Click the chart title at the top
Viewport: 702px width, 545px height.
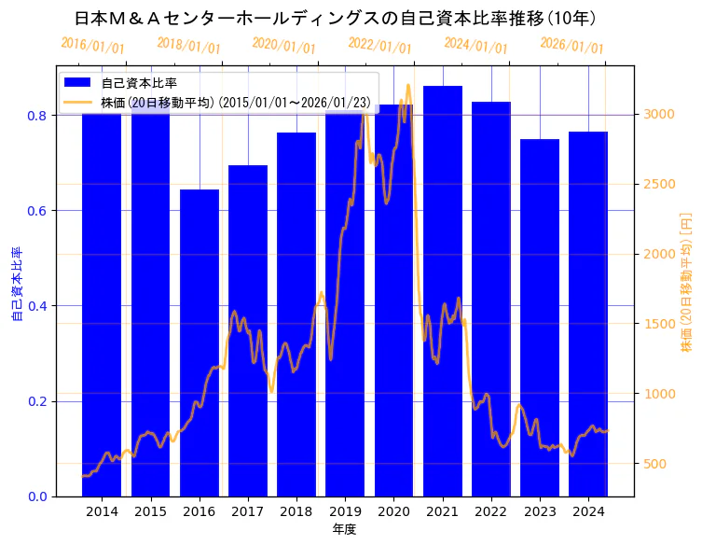pos(336,18)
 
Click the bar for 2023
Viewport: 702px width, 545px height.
pos(540,317)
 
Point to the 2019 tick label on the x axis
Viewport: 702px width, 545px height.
pos(345,512)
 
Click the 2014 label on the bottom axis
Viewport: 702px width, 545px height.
pos(102,512)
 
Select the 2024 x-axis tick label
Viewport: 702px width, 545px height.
pos(588,512)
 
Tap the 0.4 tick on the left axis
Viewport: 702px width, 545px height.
pos(36,306)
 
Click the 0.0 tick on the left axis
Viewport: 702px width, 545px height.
pos(36,496)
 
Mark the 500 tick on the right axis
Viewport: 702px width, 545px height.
pos(655,464)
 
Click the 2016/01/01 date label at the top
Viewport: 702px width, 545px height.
pos(92,46)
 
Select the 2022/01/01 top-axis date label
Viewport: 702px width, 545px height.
pos(379,46)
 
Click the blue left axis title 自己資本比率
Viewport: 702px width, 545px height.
pos(16,285)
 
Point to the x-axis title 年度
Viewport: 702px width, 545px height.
pos(344,529)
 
